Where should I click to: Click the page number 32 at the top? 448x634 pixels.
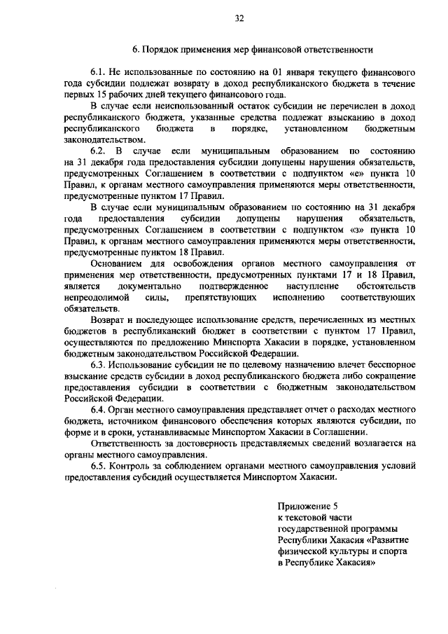tap(224, 18)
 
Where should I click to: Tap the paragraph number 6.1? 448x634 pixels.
tap(100, 73)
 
